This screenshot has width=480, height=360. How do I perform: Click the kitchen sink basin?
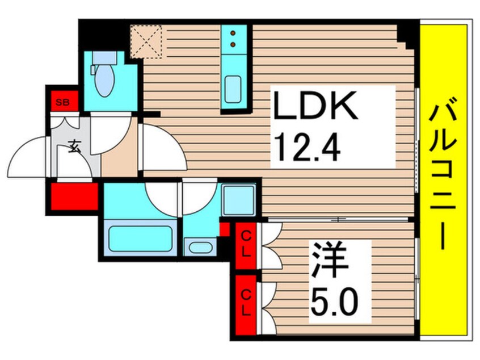[234, 91]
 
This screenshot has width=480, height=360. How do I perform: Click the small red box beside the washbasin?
[225, 229]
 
